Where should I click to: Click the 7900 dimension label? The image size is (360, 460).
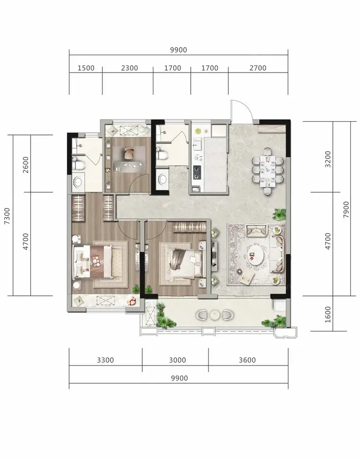click(346, 209)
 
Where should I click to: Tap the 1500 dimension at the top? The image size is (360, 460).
click(86, 68)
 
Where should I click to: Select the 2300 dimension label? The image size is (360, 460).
click(129, 68)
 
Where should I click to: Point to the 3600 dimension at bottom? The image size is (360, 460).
click(247, 360)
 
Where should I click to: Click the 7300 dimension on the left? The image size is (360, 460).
click(7, 216)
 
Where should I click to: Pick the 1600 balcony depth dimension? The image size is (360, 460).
click(328, 314)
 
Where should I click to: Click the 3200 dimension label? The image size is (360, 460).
click(328, 159)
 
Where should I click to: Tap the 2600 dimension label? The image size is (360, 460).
click(26, 165)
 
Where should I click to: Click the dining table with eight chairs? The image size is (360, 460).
click(267, 171)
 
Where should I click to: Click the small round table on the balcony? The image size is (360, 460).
click(215, 315)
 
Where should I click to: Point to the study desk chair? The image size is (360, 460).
click(129, 153)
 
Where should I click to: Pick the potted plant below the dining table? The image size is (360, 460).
click(279, 214)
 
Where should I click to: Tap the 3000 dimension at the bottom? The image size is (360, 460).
click(177, 360)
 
